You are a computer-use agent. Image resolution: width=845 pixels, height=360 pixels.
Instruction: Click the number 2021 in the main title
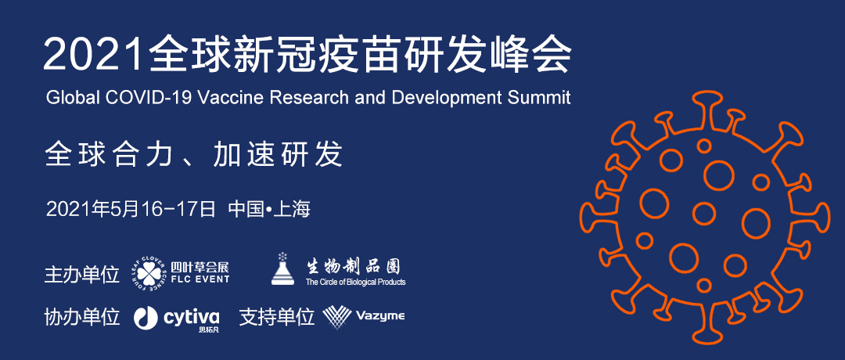pyautogui.click(x=94, y=55)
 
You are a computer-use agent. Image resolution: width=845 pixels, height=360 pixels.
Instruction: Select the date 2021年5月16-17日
pyautogui.click(x=131, y=208)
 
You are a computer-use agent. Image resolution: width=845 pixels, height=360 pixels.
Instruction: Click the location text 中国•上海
pyautogui.click(x=269, y=208)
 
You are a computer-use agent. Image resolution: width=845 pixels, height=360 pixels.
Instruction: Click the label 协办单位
pyautogui.click(x=82, y=317)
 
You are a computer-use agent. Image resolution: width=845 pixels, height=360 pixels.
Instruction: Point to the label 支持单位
pyautogui.click(x=276, y=317)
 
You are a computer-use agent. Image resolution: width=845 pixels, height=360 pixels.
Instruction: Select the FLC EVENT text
pyautogui.click(x=200, y=279)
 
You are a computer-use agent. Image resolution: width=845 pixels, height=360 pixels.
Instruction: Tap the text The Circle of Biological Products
pyautogui.click(x=355, y=282)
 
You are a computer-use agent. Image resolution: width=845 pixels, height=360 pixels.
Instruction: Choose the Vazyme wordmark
pyautogui.click(x=380, y=316)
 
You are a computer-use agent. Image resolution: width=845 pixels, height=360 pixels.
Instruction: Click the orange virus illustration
pyautogui.click(x=705, y=218)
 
